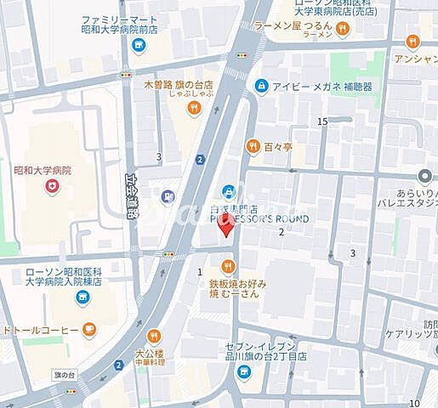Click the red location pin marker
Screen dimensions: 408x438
[225, 228]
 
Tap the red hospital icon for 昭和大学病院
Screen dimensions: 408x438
[53, 186]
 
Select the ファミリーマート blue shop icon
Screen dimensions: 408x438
[139, 45]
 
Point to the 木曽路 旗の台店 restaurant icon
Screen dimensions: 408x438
[195, 107]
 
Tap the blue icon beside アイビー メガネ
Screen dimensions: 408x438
[260, 86]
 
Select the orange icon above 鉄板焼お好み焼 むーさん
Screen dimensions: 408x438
[228, 268]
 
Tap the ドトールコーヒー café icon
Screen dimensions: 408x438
[89, 330]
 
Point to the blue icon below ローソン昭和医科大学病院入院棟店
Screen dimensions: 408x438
[82, 297]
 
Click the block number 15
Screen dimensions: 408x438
[322, 122]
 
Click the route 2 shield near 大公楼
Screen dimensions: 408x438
[117, 365]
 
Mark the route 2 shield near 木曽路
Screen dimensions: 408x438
[200, 159]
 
